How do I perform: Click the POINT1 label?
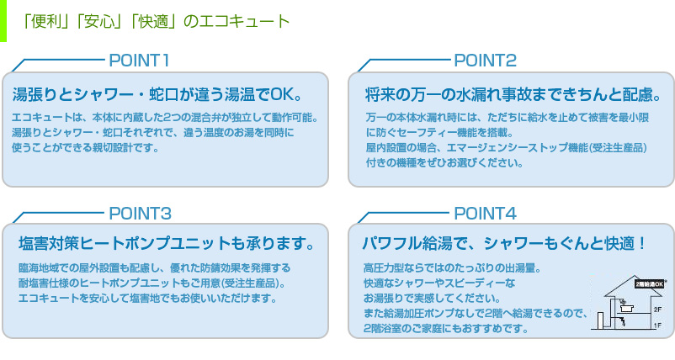(x=139, y=61)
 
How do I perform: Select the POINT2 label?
(x=485, y=61)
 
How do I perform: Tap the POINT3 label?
(x=140, y=214)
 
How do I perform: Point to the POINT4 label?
(x=485, y=214)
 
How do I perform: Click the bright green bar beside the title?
(x=3, y=21)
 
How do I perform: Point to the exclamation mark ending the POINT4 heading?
(x=642, y=243)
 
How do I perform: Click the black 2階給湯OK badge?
(x=650, y=284)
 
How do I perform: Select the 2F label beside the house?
(x=658, y=310)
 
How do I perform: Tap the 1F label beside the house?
(x=658, y=326)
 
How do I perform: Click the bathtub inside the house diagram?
(x=626, y=308)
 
